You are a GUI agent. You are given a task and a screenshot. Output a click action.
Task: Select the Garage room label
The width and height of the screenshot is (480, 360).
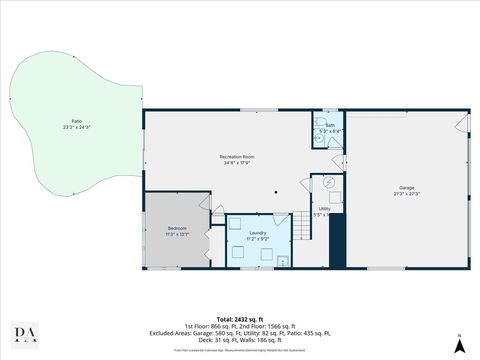(x=406, y=187)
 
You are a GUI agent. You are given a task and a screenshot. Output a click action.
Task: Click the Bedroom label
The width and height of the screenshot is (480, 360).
(x=176, y=228)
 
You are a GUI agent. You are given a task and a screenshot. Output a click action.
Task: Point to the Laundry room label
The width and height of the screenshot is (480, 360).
(x=257, y=234)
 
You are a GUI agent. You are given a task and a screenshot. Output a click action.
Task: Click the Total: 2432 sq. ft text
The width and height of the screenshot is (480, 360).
(x=240, y=318)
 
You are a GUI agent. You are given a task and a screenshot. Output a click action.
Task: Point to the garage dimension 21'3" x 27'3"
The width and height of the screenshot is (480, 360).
(x=406, y=193)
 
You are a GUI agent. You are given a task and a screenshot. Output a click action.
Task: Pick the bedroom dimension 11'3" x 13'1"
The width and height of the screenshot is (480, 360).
(x=176, y=234)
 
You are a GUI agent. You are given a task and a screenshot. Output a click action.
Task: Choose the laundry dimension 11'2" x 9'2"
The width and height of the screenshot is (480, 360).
(x=257, y=240)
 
